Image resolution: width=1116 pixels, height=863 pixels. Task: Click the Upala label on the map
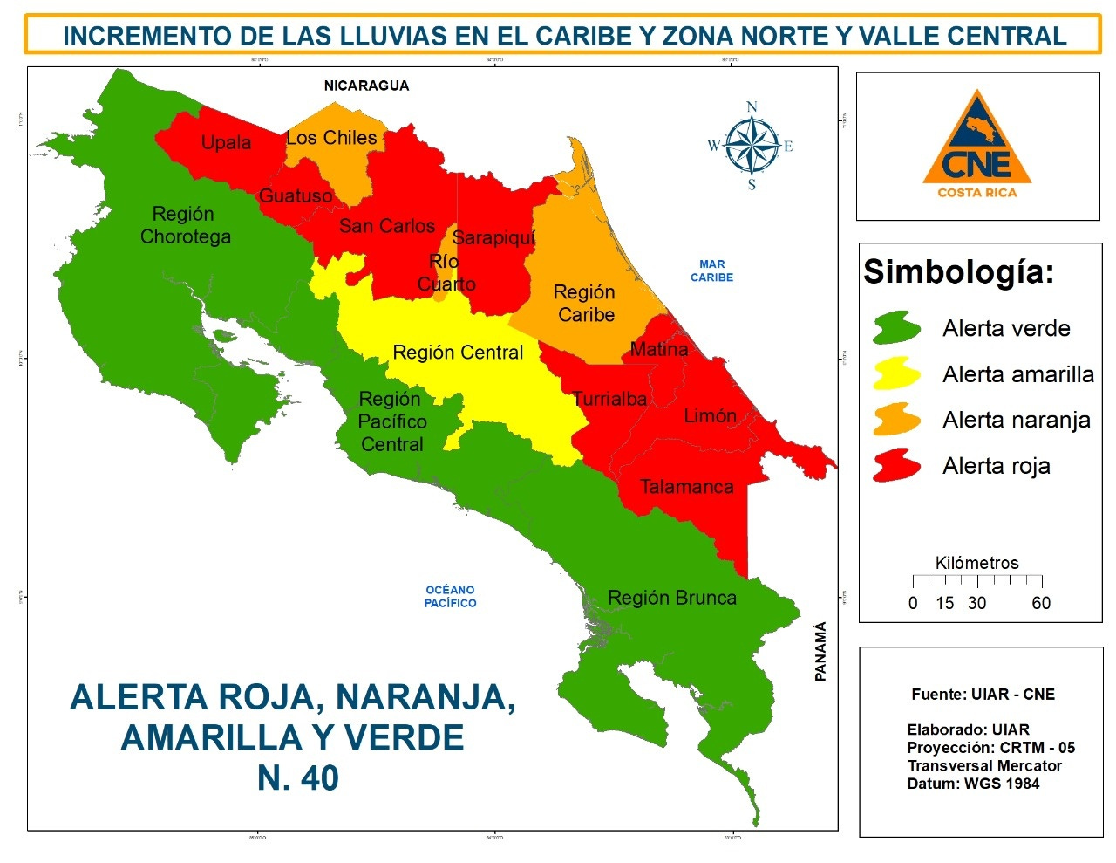(226, 142)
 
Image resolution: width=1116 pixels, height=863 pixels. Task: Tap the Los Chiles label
(331, 138)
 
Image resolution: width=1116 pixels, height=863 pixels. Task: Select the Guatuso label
(296, 196)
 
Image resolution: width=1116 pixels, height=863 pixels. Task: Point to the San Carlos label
(386, 226)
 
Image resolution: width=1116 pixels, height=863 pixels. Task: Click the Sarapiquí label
(493, 237)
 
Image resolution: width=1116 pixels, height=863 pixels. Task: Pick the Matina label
(658, 349)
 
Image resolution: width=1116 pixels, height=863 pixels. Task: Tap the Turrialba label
(609, 399)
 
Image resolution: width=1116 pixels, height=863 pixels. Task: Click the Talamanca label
(686, 487)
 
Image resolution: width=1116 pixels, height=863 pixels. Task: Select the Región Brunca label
(671, 598)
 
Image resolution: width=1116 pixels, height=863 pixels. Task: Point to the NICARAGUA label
(366, 86)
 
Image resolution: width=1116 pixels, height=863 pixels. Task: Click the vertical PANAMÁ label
(820, 651)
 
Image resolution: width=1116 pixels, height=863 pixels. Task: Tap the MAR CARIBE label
(711, 271)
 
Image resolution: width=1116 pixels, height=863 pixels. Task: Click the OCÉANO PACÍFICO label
(450, 597)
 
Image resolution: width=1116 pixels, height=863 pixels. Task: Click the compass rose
(752, 146)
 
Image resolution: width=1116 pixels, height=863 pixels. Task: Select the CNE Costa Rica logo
(977, 146)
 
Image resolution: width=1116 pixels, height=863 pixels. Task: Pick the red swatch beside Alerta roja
(896, 466)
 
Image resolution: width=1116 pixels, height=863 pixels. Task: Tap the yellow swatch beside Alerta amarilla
(896, 374)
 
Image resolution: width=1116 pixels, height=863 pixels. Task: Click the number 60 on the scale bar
(1041, 603)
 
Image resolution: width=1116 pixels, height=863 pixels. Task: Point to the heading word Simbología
(958, 272)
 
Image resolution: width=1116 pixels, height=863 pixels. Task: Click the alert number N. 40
(297, 777)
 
